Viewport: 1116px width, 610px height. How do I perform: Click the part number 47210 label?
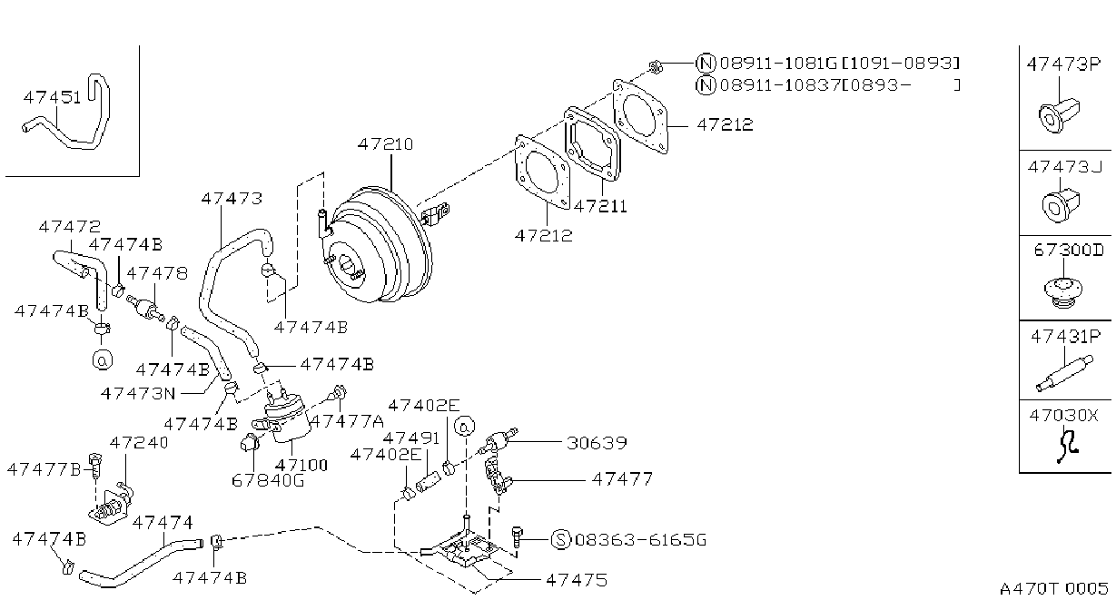point(386,144)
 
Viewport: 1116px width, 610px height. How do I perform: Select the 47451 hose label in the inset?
point(52,98)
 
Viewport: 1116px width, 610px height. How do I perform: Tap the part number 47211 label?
point(600,206)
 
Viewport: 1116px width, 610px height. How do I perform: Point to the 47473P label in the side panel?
point(1062,64)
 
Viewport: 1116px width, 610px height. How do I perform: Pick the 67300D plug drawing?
point(1063,293)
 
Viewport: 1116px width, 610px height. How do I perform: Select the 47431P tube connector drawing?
point(1064,373)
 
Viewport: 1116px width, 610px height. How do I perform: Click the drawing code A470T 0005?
point(1054,589)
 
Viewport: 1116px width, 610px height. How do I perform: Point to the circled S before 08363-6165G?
point(561,540)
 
